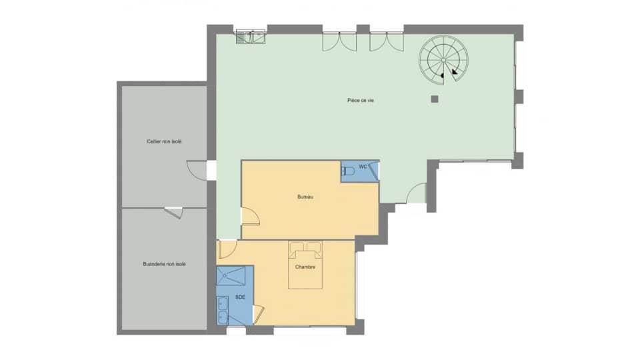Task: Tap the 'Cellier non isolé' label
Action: [164, 141]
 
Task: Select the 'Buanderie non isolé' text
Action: [164, 264]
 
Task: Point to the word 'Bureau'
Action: [306, 197]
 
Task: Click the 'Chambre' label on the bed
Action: [305, 267]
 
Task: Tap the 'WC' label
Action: [363, 166]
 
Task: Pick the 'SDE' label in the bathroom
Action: [239, 297]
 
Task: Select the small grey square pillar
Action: [435, 99]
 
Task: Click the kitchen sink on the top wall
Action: [251, 37]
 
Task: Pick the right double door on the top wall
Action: [387, 41]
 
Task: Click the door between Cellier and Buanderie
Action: [174, 212]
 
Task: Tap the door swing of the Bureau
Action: [250, 216]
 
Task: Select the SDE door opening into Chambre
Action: [258, 313]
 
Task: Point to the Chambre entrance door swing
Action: [227, 249]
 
